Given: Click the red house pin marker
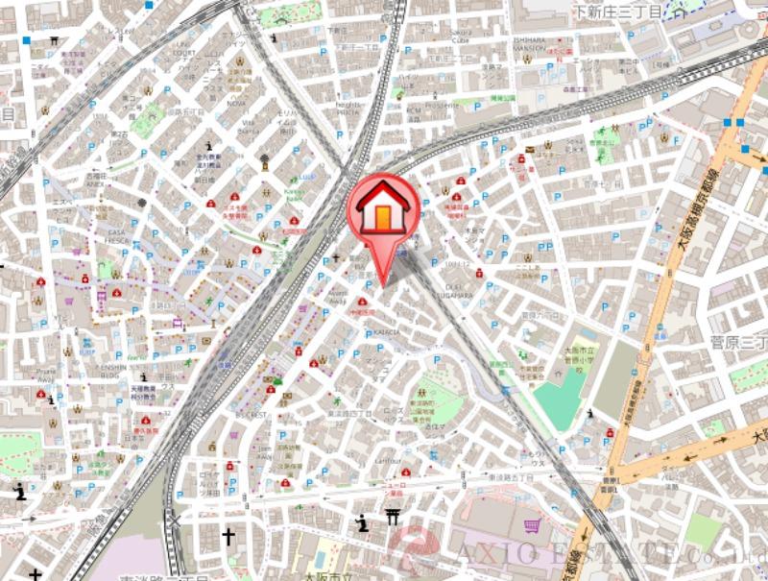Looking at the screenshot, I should pos(382,210).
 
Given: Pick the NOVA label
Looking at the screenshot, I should pos(235,103).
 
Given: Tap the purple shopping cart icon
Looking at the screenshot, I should pos(531,525).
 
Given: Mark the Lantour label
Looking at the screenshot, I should pos(388,460).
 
